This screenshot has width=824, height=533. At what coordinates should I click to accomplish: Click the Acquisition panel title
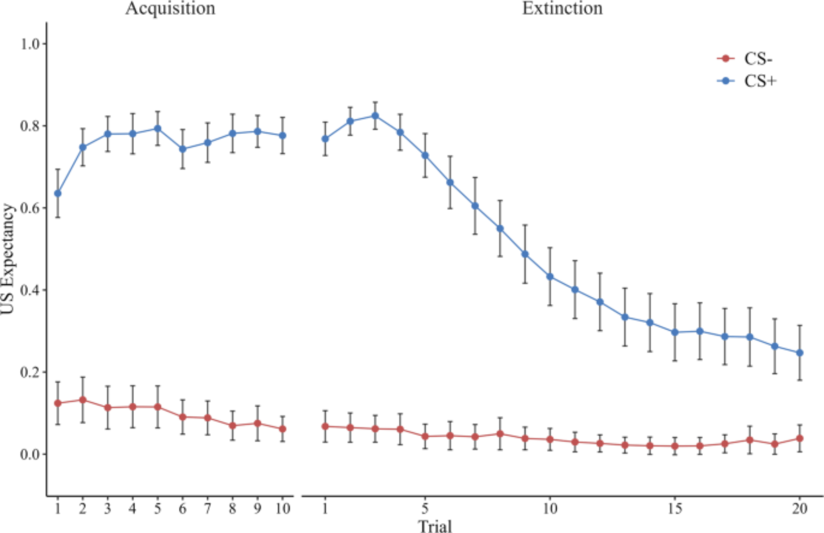pyautogui.click(x=170, y=8)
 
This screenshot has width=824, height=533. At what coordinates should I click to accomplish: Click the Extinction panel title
pyautogui.click(x=562, y=8)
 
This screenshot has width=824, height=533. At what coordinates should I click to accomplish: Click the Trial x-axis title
pyautogui.click(x=435, y=526)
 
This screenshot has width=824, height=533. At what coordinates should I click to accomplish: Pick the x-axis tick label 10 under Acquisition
pyautogui.click(x=283, y=509)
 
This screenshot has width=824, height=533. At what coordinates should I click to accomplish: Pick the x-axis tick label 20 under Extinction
pyautogui.click(x=800, y=509)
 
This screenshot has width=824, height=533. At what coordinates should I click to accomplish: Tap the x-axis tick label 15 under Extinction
pyautogui.click(x=675, y=509)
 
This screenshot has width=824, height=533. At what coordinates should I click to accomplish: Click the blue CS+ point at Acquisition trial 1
pyautogui.click(x=58, y=193)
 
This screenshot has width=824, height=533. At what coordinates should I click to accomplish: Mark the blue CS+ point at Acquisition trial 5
pyautogui.click(x=157, y=129)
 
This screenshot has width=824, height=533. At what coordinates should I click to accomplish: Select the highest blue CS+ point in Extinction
pyautogui.click(x=375, y=116)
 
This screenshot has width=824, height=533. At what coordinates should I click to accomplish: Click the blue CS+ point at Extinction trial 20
pyautogui.click(x=800, y=353)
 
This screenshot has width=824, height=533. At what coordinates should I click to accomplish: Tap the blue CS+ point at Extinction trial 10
pyautogui.click(x=550, y=277)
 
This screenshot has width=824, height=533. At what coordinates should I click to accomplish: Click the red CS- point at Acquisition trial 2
pyautogui.click(x=83, y=400)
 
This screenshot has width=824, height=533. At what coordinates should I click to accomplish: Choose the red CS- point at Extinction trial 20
pyautogui.click(x=800, y=439)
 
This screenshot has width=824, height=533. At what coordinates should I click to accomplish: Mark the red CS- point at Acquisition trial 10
pyautogui.click(x=283, y=429)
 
